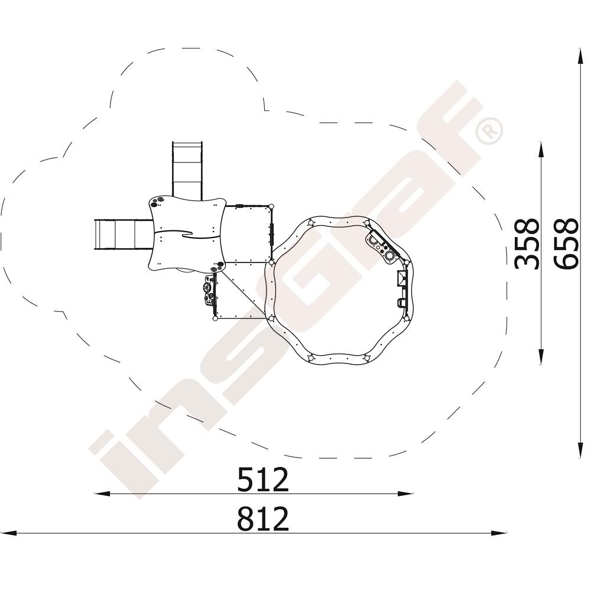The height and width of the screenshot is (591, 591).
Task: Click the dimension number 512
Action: [263, 479]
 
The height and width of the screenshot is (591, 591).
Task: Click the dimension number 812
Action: [263, 519]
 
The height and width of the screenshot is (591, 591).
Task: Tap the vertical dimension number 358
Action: [526, 244]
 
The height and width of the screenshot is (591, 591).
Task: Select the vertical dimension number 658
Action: [566, 244]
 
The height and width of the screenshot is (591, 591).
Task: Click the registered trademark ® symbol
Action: [489, 131]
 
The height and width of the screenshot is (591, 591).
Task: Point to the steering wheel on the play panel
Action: [206, 288]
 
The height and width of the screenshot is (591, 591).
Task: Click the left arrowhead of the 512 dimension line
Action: [102, 493]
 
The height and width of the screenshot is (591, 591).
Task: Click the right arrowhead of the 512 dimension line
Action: [405, 493]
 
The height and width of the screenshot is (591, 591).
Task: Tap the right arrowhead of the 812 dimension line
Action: [498, 533]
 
